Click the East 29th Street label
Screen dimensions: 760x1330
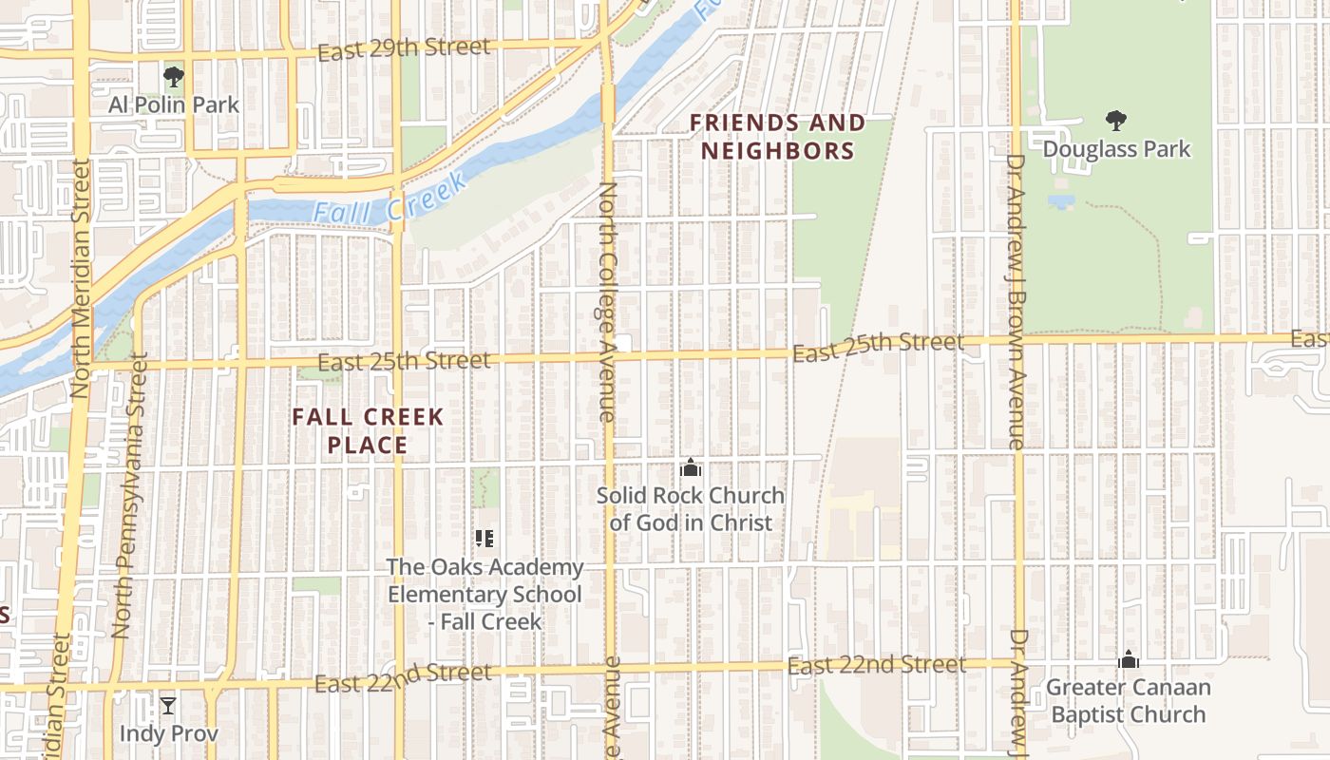(404, 48)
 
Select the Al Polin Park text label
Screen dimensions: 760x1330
(174, 104)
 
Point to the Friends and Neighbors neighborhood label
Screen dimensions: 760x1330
(777, 136)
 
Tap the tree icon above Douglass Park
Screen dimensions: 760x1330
(1116, 121)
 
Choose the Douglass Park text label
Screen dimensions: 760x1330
(1116, 149)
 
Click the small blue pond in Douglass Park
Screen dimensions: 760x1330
(1061, 201)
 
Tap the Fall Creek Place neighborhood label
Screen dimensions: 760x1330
(368, 430)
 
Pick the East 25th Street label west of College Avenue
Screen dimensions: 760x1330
(404, 361)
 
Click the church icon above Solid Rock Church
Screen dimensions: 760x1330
(691, 467)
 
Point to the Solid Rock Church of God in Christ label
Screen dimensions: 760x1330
(691, 509)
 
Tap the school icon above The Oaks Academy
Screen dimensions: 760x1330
(484, 539)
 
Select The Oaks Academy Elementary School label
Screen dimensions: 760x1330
(484, 594)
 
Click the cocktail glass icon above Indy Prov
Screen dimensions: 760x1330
(168, 705)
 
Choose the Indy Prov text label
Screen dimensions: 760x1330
(168, 733)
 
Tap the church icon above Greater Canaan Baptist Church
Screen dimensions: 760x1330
(1128, 658)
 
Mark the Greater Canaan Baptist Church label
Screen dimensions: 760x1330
(1128, 700)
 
